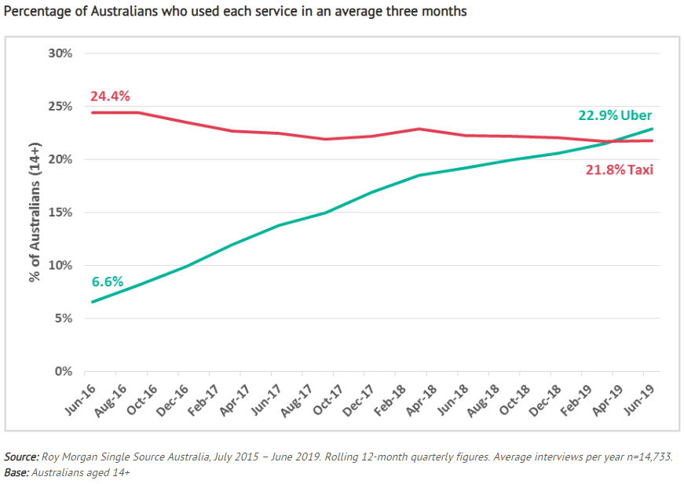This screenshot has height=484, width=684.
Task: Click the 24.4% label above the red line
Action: tap(110, 96)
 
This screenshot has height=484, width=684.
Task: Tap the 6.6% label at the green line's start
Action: tap(108, 281)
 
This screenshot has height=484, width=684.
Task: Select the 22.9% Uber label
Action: tap(615, 115)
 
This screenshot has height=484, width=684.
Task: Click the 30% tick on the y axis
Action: tap(60, 53)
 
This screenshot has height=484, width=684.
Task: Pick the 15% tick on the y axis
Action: tap(60, 213)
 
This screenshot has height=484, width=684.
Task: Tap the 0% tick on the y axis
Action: tap(63, 371)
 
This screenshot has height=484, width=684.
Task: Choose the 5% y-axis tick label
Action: tap(63, 318)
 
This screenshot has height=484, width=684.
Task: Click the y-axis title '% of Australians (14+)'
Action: tap(35, 212)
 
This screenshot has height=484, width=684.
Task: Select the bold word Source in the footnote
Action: tap(22, 457)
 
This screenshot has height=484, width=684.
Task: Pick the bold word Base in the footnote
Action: tap(17, 472)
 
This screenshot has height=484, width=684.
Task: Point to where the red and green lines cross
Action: tap(613, 141)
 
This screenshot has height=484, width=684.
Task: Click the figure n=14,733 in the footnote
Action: tap(645, 457)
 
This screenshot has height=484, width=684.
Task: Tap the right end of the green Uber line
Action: tap(653, 129)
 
